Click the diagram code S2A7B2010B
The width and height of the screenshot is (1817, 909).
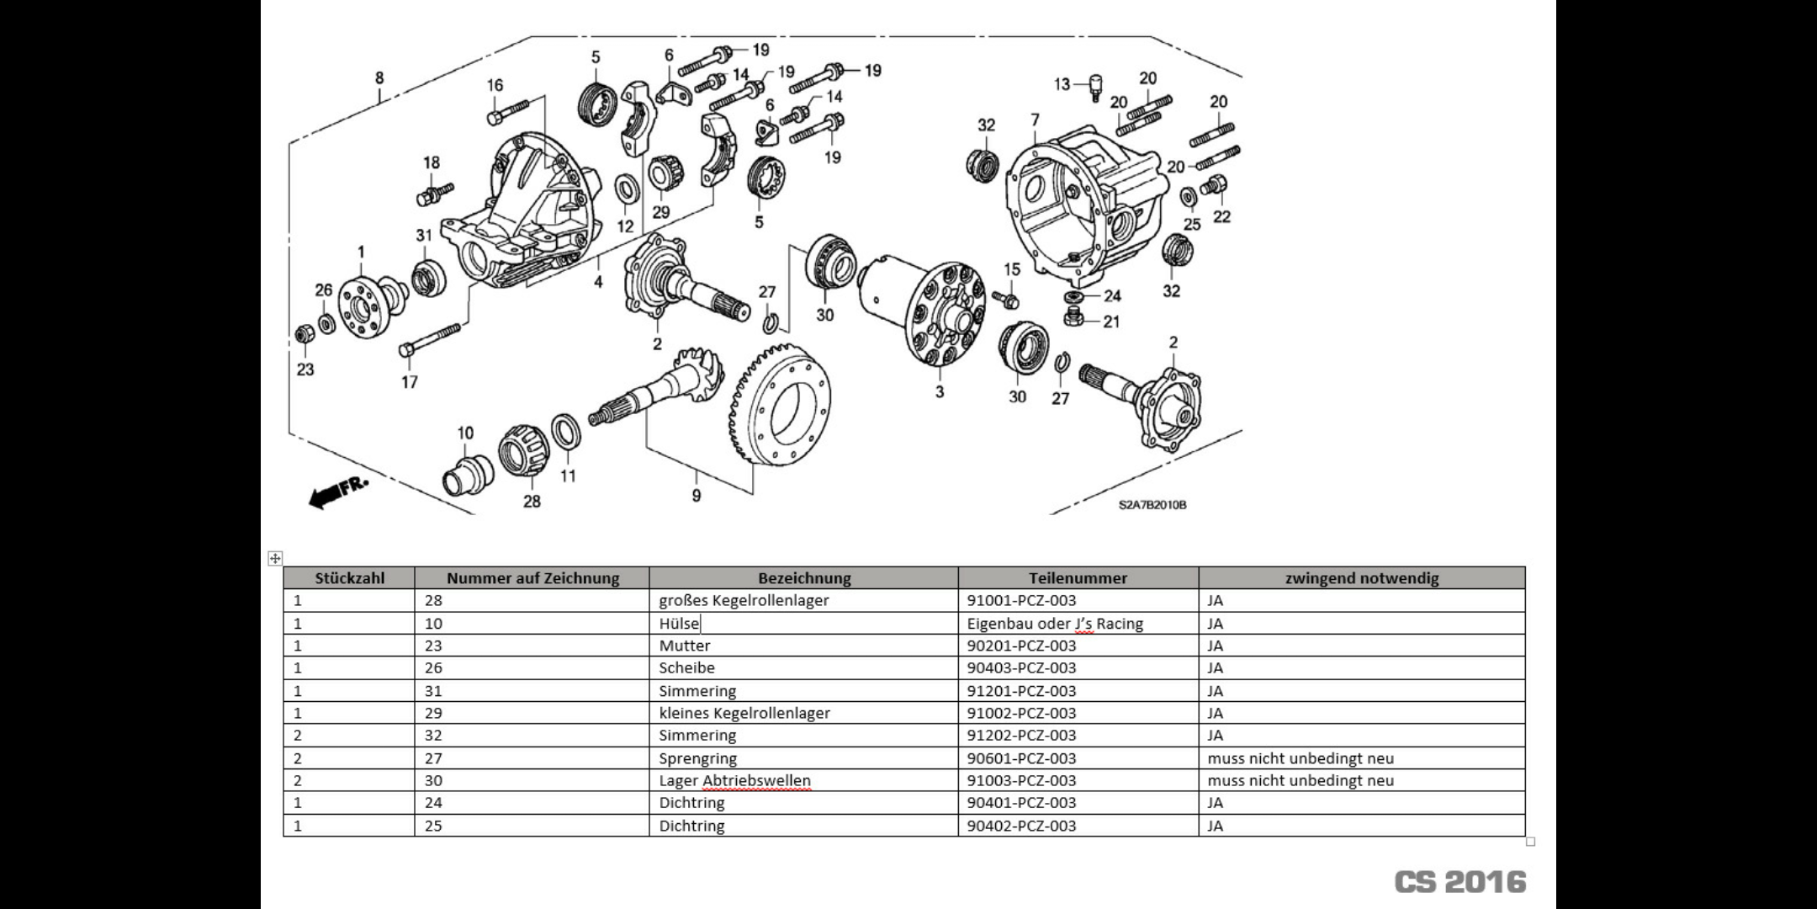point(1152,505)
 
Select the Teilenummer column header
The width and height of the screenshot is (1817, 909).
point(1078,578)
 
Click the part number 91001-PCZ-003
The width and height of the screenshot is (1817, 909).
point(1021,601)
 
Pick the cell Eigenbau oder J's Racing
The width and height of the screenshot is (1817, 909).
point(1055,624)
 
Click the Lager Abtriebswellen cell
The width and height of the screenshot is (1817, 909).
point(734,780)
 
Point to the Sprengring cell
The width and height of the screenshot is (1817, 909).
point(697,758)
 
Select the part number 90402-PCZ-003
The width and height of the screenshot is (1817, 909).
point(1021,826)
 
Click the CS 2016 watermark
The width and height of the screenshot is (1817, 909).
point(1459,881)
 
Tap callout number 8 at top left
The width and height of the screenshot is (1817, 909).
point(379,78)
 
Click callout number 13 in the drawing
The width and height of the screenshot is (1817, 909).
point(1062,84)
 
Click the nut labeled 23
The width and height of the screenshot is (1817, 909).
point(303,335)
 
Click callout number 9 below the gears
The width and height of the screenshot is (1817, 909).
point(697,496)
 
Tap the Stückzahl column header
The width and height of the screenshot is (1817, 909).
point(349,578)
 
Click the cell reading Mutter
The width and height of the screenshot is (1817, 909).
point(684,646)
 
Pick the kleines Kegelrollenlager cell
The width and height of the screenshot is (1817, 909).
point(744,713)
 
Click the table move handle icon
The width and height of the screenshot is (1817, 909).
point(275,558)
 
